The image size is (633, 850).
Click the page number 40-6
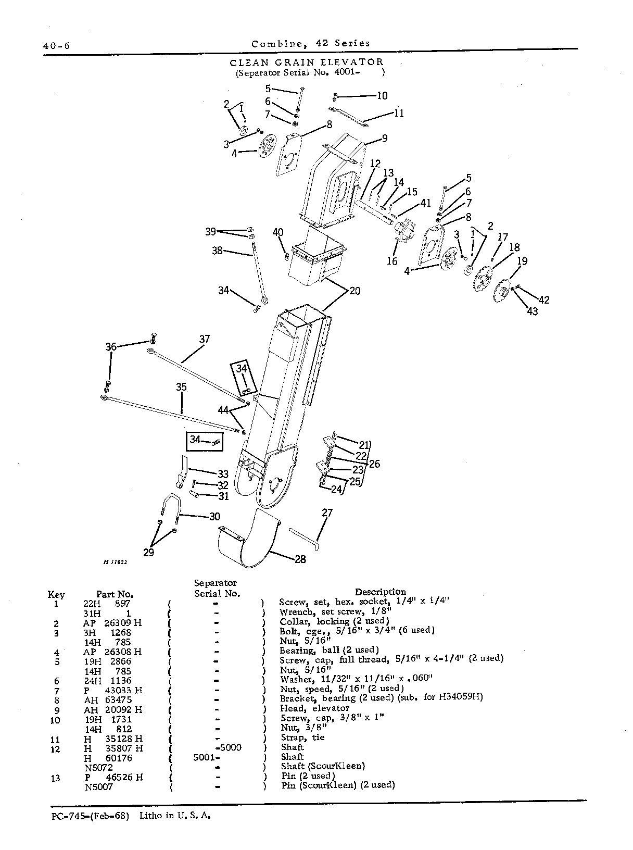click(x=56, y=46)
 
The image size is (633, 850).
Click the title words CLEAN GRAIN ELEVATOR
click(x=307, y=62)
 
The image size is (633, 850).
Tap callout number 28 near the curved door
click(x=300, y=559)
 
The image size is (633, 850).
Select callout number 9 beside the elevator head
click(x=384, y=139)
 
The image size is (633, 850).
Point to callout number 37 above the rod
click(x=205, y=339)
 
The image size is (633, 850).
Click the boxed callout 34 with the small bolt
click(x=205, y=442)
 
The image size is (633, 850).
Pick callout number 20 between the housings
click(x=355, y=291)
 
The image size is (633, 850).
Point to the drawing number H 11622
click(x=115, y=562)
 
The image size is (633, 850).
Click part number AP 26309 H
click(x=112, y=623)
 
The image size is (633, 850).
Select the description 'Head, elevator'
click(x=314, y=708)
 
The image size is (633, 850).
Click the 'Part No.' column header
click(x=115, y=594)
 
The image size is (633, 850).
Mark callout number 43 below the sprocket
click(x=533, y=311)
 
